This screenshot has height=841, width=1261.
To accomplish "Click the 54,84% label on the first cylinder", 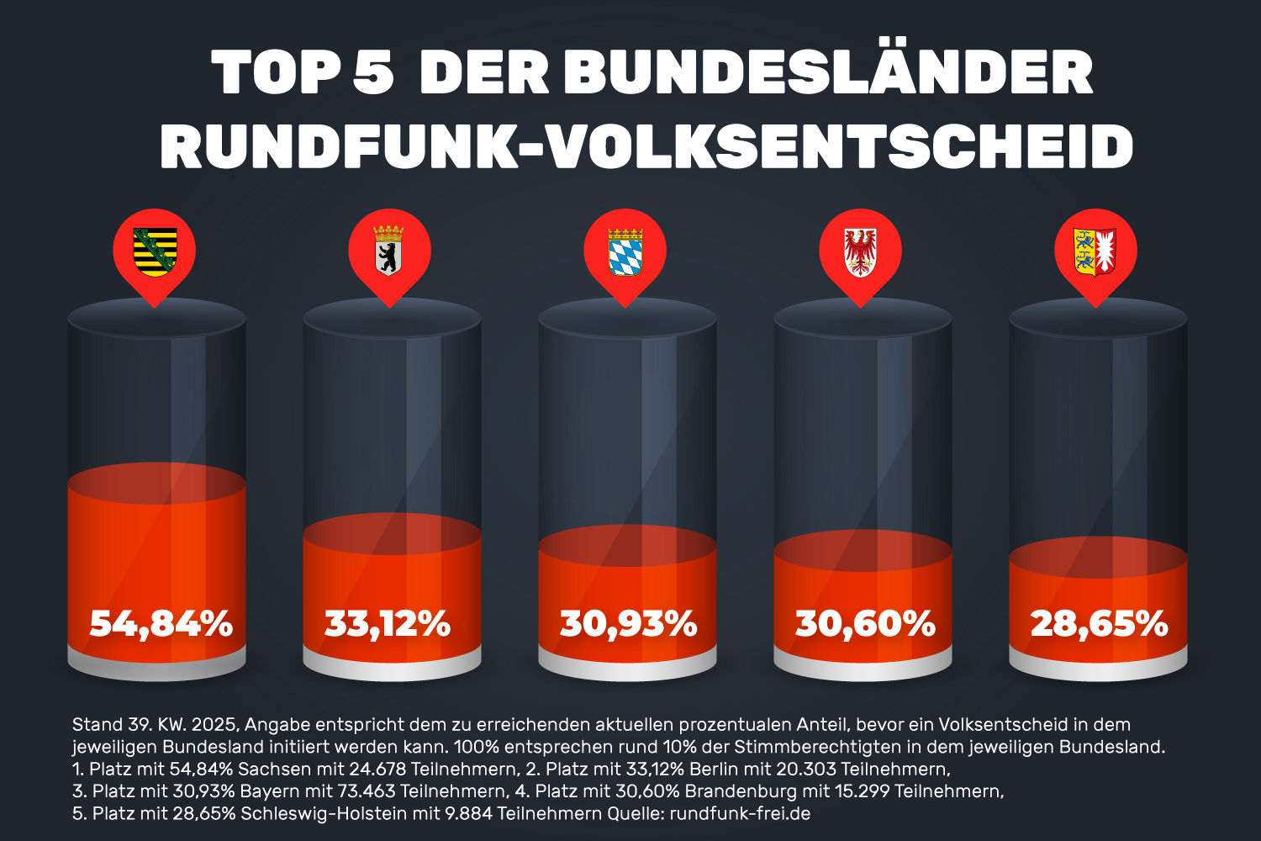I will pos(161,624).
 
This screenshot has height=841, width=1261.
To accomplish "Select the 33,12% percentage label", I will pos(388,624).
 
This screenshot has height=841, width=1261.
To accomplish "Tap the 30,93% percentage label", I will pos(628,624).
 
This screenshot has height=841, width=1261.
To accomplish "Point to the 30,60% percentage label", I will pos(865,624).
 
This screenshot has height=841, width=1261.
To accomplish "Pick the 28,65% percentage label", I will pos(1099,624).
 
